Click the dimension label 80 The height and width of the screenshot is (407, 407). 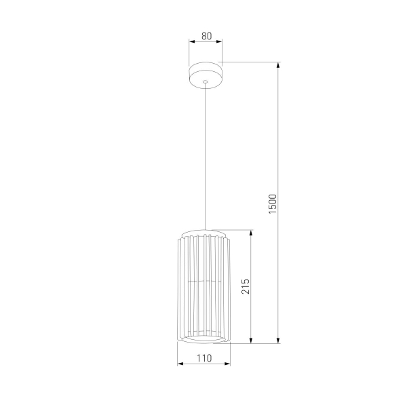pos(205,37)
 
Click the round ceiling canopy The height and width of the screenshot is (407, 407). pos(205,73)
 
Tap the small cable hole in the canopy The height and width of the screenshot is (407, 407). pos(205,80)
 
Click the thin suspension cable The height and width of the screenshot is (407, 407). pos(205,156)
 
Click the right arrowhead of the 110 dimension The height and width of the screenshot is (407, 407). pos(229,364)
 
